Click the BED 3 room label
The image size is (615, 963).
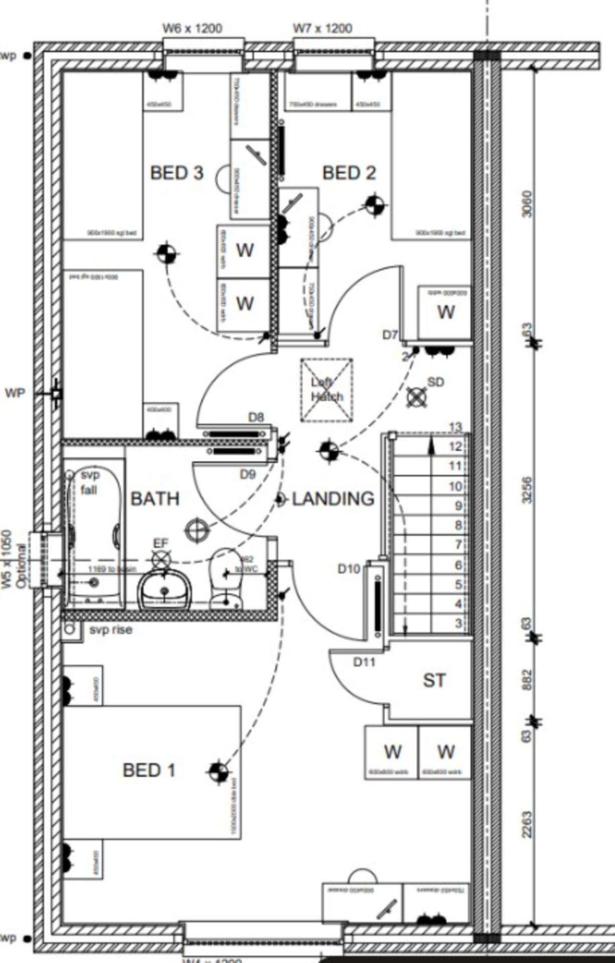(x=176, y=173)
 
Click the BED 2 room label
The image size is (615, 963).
(x=349, y=173)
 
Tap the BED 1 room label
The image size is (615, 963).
(x=149, y=770)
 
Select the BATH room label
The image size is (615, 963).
(x=155, y=499)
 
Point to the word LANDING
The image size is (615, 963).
(x=333, y=499)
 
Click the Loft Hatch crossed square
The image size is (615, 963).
(x=326, y=390)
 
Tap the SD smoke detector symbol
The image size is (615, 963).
(x=417, y=397)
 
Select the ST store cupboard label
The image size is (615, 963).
(x=434, y=681)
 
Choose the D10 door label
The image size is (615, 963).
(x=349, y=569)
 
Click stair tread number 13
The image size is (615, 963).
(x=455, y=427)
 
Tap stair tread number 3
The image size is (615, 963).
(x=458, y=623)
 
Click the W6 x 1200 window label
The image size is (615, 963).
(x=192, y=29)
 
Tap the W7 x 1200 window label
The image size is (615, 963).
(x=322, y=29)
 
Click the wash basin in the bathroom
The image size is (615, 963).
(x=164, y=591)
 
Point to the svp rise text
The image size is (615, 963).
(x=111, y=629)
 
